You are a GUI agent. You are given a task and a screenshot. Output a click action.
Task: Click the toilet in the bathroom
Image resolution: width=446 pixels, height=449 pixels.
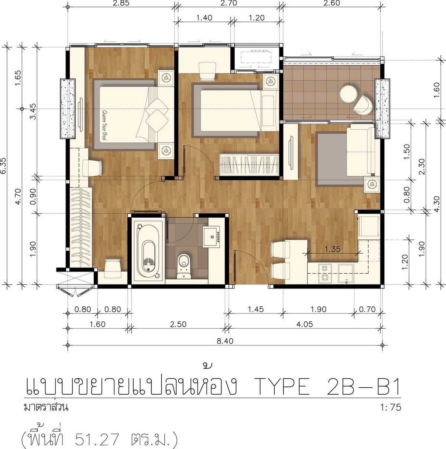184,266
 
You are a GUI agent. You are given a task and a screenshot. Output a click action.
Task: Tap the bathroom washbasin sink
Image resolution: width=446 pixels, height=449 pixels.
211,237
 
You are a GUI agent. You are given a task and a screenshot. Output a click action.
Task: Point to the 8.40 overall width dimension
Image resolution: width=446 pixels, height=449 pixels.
225,341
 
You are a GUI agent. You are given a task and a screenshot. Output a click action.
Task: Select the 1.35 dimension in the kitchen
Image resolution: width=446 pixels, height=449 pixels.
333,249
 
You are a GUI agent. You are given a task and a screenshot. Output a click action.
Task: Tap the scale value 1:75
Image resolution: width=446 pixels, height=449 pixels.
391,407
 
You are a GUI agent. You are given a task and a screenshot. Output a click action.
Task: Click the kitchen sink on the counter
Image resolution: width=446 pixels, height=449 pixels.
346,274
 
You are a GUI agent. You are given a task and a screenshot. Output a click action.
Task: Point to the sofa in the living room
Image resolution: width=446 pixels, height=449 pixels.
361,150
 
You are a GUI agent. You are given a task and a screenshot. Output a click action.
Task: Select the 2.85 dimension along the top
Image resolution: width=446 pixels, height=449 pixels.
121,3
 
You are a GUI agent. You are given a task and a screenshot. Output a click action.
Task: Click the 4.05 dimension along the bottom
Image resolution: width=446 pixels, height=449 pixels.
305,324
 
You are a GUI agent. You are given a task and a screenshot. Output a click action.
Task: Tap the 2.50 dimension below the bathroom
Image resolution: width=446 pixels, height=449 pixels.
178,324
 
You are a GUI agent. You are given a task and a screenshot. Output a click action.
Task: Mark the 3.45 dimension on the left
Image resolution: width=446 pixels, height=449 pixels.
33,111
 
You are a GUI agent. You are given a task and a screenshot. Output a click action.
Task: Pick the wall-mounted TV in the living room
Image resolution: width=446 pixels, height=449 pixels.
291,152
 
